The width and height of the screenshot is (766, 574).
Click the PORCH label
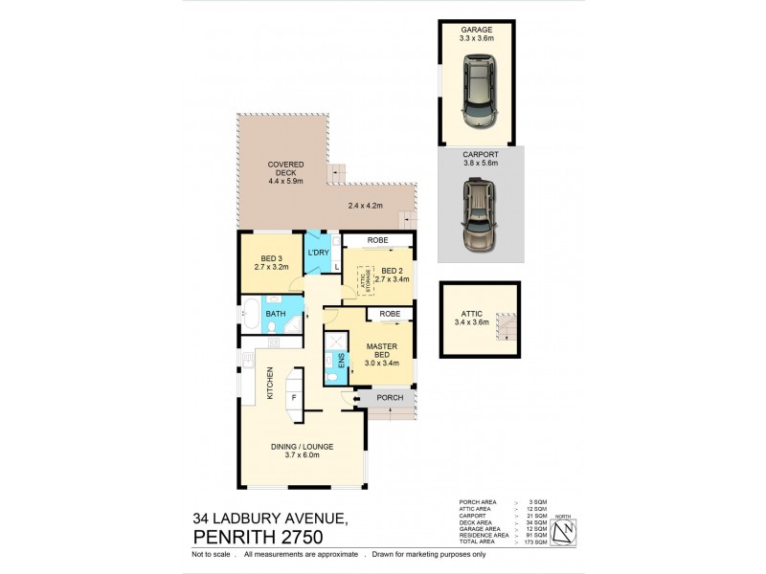coord(389,398)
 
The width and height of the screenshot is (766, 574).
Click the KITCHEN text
coord(271,383)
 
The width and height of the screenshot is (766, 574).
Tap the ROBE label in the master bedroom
coord(389,314)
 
